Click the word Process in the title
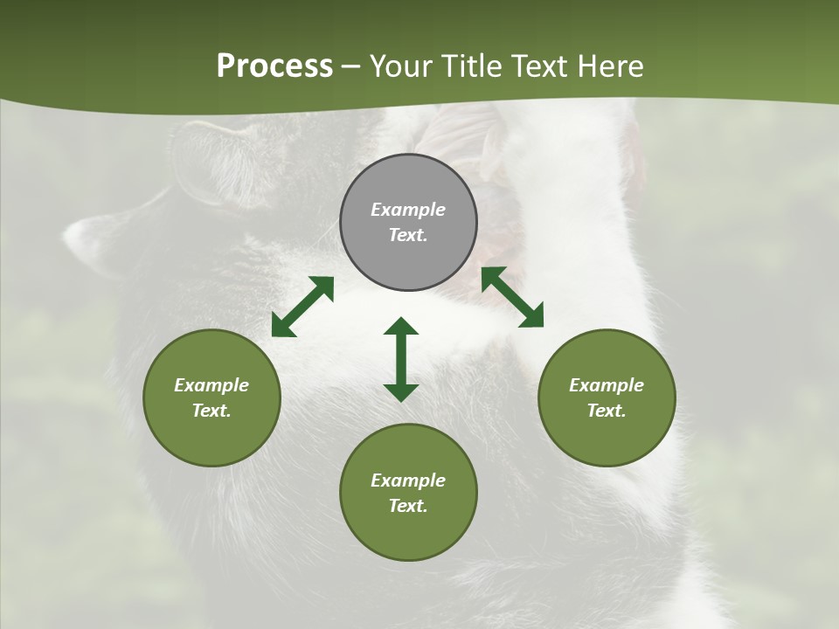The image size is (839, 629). pyautogui.click(x=274, y=66)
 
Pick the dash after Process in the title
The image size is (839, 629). pyautogui.click(x=350, y=68)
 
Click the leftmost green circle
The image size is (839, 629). pyautogui.click(x=211, y=397)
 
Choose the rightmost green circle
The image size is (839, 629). pyautogui.click(x=607, y=397)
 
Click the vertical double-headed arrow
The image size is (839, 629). pyautogui.click(x=401, y=359)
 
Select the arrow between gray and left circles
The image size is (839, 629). pyautogui.click(x=302, y=307)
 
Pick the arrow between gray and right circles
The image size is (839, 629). pyautogui.click(x=512, y=297)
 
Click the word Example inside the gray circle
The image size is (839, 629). pyautogui.click(x=408, y=210)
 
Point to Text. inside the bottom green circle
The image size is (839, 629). pyautogui.click(x=408, y=506)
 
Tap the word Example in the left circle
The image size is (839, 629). pyautogui.click(x=211, y=385)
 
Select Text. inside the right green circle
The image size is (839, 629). pyautogui.click(x=607, y=411)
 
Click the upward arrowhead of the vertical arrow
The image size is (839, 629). pyautogui.click(x=401, y=327)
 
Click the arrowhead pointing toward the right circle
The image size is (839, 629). pyautogui.click(x=532, y=316)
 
